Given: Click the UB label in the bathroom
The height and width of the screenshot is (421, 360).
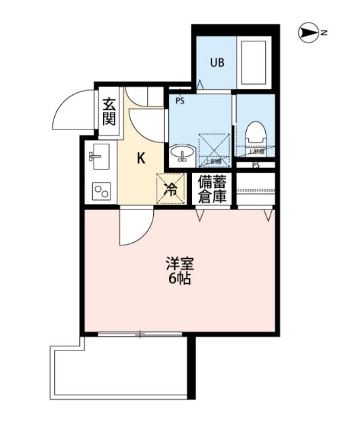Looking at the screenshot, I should point(216,63).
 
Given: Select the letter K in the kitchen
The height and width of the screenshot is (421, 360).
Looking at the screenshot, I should point(141,159).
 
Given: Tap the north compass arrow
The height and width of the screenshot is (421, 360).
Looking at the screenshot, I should point(308,32).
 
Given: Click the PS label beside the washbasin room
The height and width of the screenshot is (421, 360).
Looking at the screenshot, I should point(180,102).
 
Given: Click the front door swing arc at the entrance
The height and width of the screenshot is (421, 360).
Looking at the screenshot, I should point(71,111).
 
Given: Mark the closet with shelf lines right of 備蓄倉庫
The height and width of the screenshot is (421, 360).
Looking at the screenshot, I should point(256,188).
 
